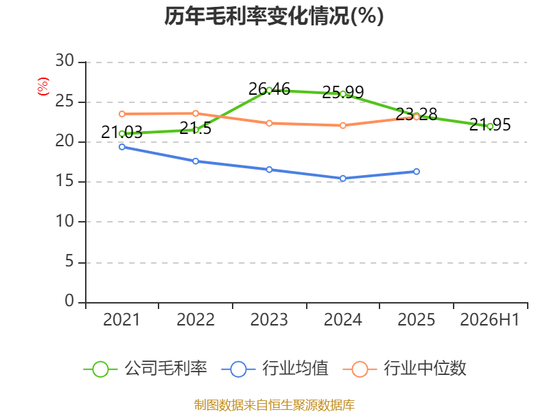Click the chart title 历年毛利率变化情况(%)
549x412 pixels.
click(x=274, y=16)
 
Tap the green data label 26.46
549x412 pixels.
click(x=269, y=89)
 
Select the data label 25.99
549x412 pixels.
click(x=342, y=92)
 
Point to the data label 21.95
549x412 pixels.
click(x=490, y=125)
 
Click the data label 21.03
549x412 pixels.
click(x=122, y=133)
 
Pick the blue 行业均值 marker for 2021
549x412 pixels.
click(x=122, y=147)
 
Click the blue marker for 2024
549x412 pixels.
click(x=342, y=179)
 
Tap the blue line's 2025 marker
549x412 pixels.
click(x=417, y=171)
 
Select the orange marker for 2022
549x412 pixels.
click(x=196, y=113)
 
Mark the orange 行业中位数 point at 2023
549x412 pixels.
click(x=269, y=123)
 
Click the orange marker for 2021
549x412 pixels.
click(x=122, y=114)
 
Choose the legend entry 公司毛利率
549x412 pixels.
click(x=145, y=369)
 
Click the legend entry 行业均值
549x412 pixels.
click(x=275, y=369)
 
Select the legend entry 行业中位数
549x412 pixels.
click(x=404, y=369)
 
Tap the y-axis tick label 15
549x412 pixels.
click(x=65, y=181)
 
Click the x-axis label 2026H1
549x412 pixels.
click(x=489, y=319)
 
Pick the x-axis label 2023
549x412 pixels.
click(x=269, y=319)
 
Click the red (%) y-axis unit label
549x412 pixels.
click(x=43, y=87)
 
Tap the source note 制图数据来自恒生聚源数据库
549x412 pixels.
click(x=274, y=405)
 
